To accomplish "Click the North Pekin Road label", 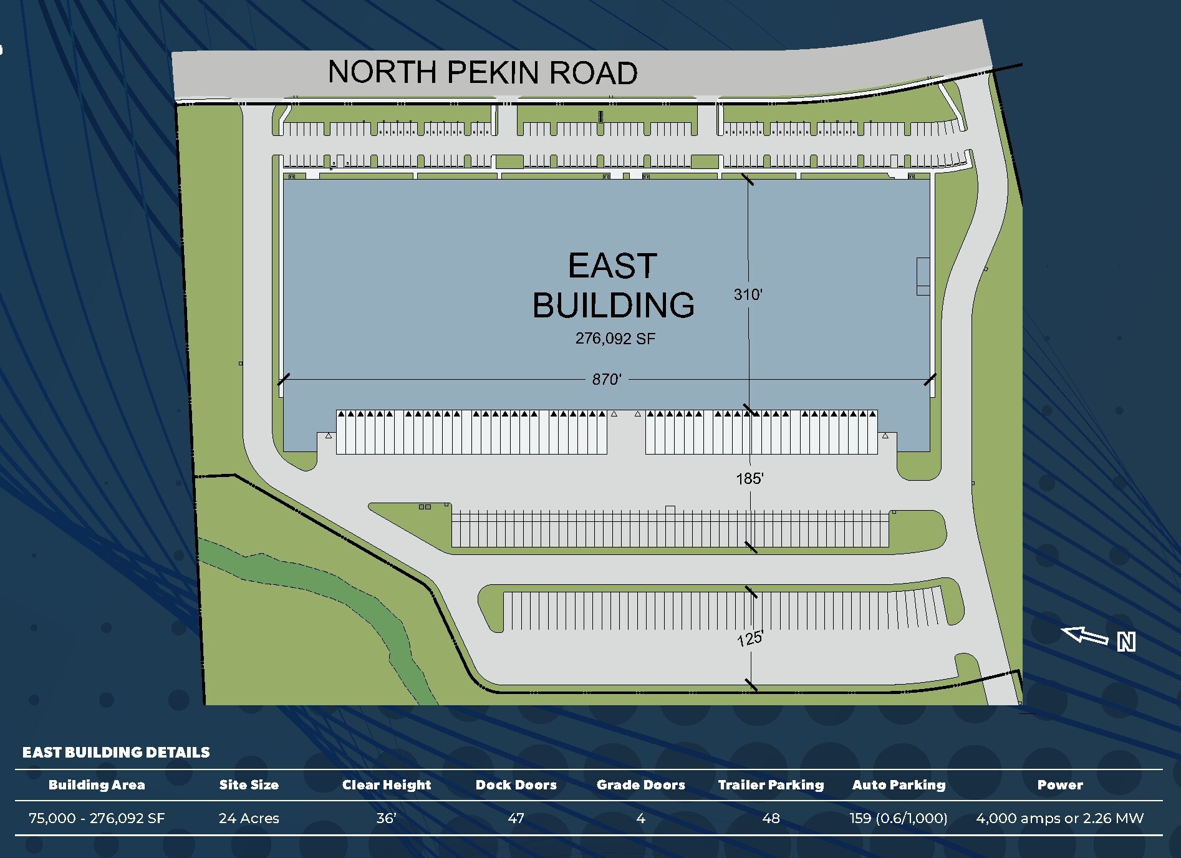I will click(483, 72).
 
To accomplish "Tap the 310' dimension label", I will click(748, 294).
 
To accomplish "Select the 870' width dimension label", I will click(606, 379).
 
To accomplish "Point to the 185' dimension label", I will click(750, 478).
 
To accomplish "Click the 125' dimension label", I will click(750, 639).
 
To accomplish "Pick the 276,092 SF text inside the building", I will click(615, 339).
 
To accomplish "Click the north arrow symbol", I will click(1084, 636).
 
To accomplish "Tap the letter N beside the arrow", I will click(1126, 642).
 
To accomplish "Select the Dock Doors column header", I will click(516, 785).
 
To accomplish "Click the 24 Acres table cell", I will click(249, 818).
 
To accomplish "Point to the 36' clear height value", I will click(386, 818).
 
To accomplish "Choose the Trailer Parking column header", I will click(771, 785).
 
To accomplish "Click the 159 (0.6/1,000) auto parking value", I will click(898, 818).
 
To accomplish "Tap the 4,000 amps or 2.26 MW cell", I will click(1059, 818).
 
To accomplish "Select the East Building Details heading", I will click(116, 752).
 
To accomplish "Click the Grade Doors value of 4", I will click(640, 818).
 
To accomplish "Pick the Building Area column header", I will click(97, 785).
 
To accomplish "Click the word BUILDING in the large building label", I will click(613, 305).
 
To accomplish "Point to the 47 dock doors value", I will click(516, 818).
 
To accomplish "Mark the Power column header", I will click(1059, 785).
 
